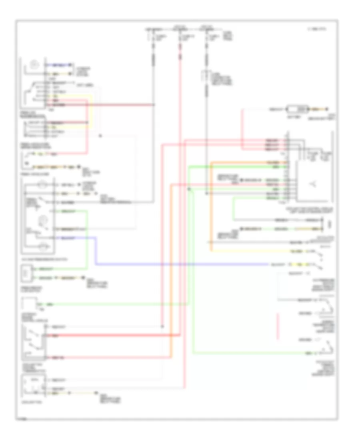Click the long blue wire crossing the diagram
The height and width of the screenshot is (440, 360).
tap(180, 264)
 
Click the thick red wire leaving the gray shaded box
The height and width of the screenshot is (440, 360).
tap(112, 334)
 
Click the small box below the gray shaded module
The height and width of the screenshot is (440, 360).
tap(34, 386)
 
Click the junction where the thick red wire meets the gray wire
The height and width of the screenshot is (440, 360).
tap(154, 105)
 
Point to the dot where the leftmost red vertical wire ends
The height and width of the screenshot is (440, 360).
tap(163, 327)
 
